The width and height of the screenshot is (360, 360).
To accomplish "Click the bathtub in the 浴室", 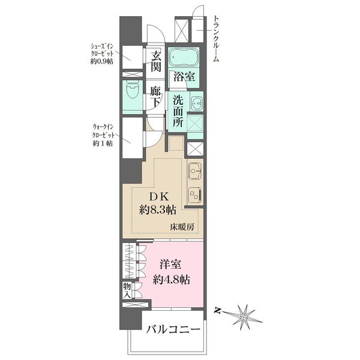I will (x=185, y=59).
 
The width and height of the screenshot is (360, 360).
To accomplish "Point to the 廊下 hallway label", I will (x=156, y=97).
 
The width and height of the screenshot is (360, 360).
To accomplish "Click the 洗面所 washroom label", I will (x=178, y=110).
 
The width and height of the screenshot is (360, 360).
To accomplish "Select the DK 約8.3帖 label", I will (x=157, y=203).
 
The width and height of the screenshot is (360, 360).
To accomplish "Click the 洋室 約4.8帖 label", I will (x=170, y=272).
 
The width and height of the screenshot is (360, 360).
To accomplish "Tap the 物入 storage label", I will (x=128, y=290).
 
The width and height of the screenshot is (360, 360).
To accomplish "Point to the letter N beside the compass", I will (x=220, y=311).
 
